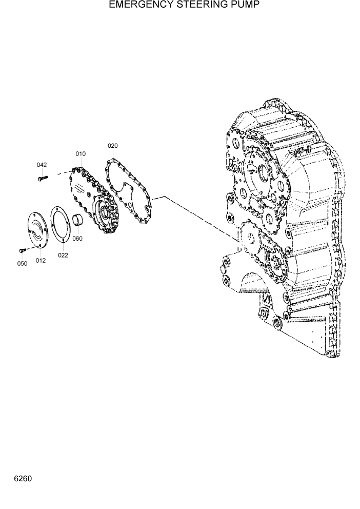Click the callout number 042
(x=42, y=165)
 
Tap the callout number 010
(x=81, y=154)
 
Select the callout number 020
(x=113, y=146)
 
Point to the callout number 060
(x=77, y=239)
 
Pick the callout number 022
(x=62, y=255)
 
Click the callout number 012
(x=41, y=261)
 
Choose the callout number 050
(x=22, y=264)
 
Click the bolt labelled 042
(x=43, y=178)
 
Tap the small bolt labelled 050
(x=22, y=250)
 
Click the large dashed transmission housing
(x=287, y=226)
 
